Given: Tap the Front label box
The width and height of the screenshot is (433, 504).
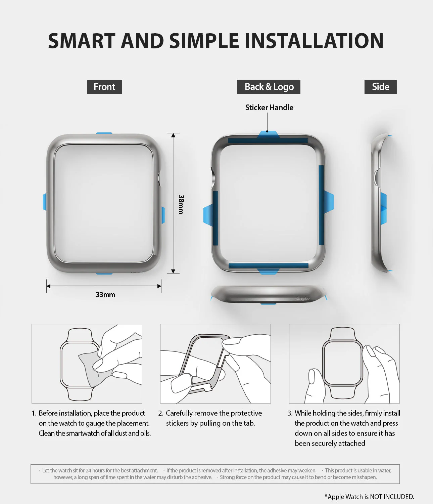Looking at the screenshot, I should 104,87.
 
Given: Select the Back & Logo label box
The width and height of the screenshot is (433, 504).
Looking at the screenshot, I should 269,87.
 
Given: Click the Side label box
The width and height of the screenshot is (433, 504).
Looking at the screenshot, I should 380,87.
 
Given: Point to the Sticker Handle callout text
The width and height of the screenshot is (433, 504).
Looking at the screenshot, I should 269,108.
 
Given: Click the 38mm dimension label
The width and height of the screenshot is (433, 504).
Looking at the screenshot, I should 181,204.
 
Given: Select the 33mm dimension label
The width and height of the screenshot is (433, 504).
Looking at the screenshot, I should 105,295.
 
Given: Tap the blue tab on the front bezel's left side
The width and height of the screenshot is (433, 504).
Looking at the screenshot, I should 45,202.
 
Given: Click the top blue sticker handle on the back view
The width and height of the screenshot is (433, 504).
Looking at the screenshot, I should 268,134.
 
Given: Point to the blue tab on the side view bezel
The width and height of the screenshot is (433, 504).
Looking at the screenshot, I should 383,208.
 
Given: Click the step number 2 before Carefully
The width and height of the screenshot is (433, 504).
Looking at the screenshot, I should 160,413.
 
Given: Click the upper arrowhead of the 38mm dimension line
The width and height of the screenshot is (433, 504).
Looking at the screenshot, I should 173,135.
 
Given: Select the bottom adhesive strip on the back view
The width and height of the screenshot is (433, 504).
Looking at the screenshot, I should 269,265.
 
